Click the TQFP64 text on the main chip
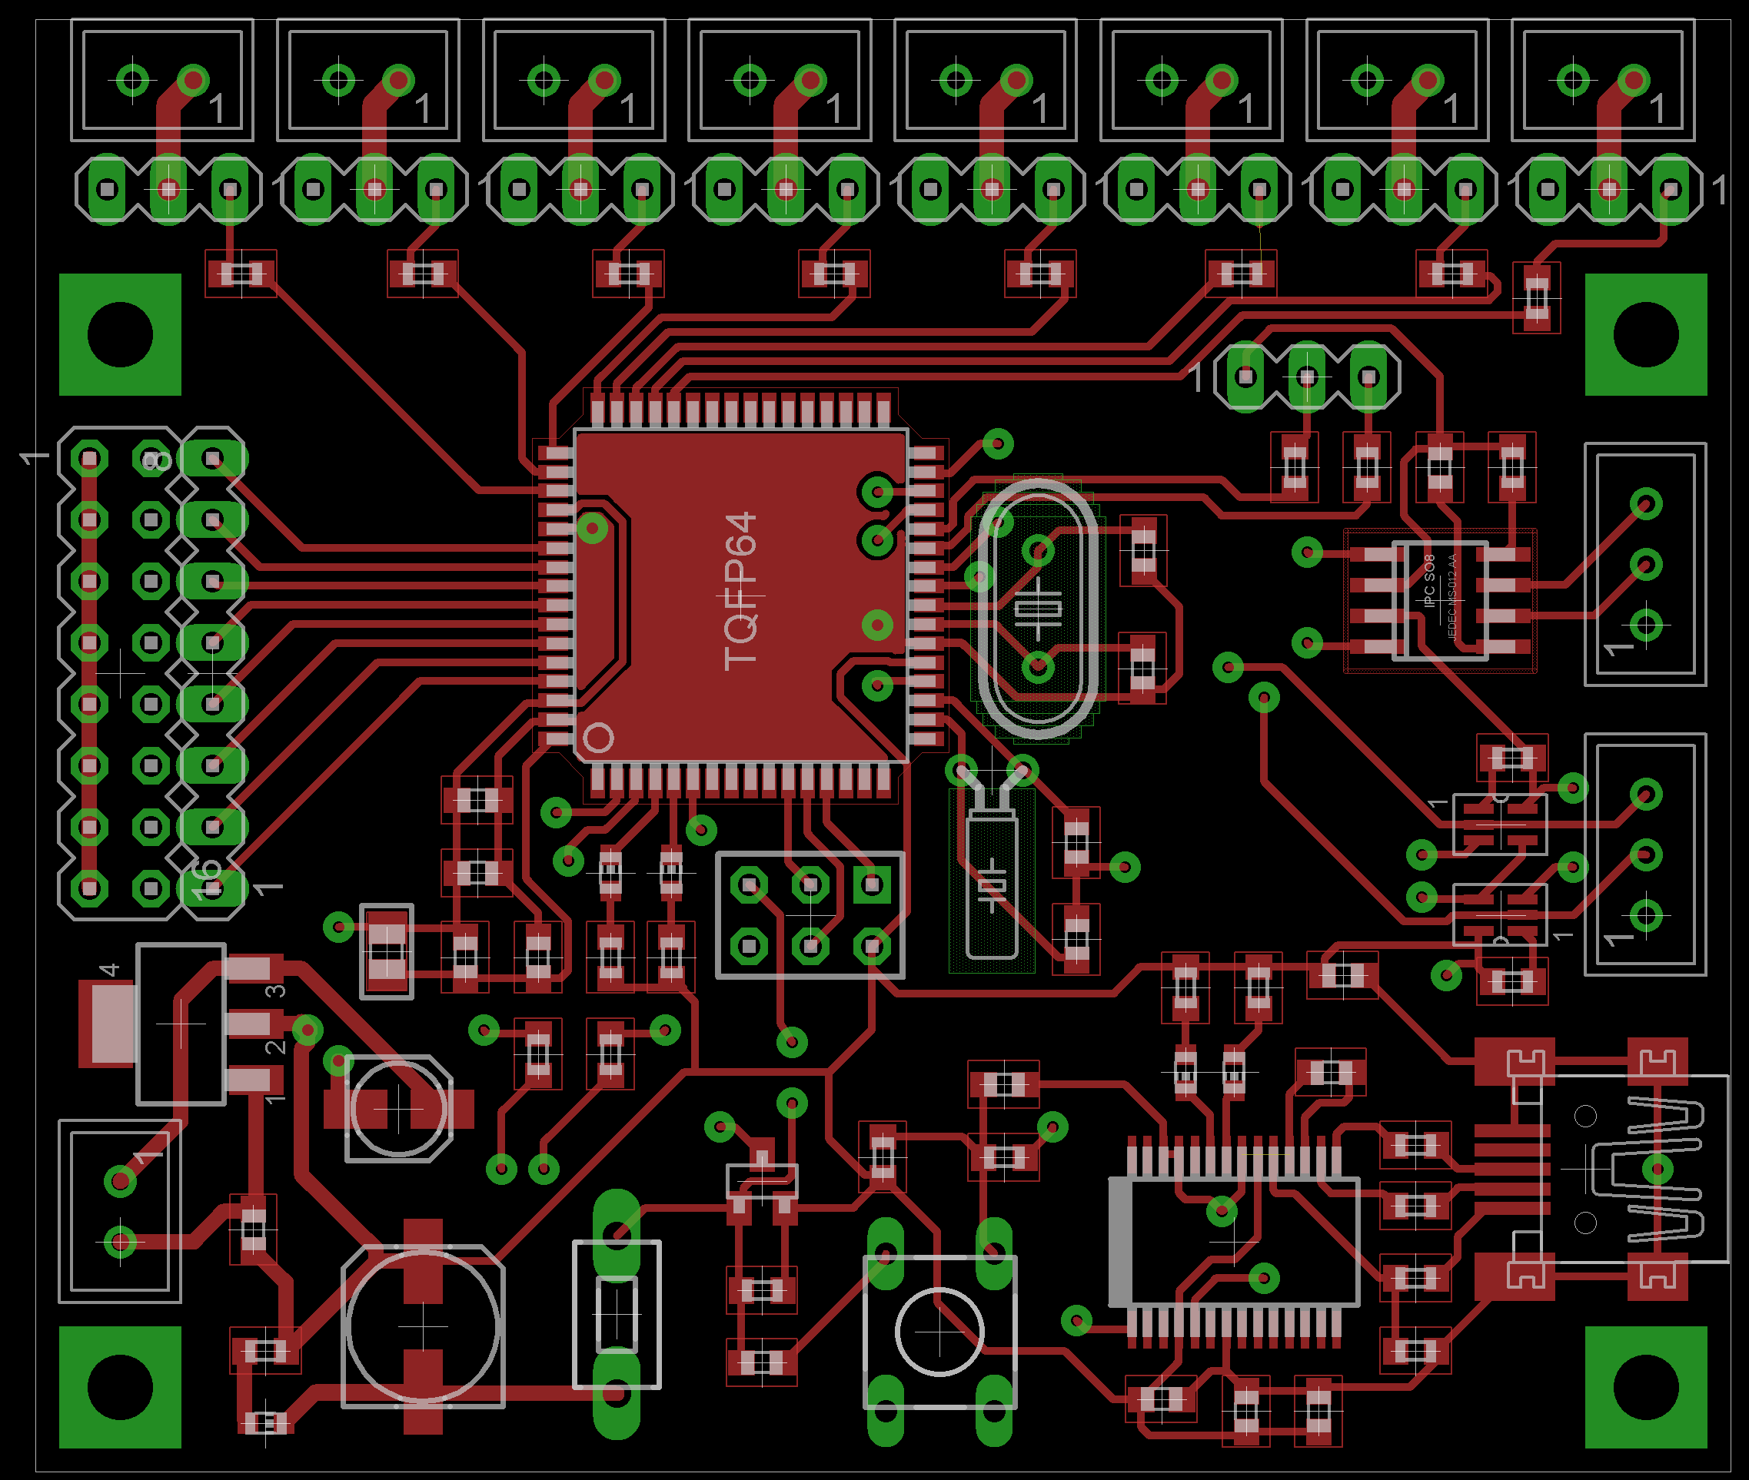(740, 592)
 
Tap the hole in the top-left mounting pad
(120, 334)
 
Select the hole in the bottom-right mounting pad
(1646, 1387)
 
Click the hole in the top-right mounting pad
(1646, 334)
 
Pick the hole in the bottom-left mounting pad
(120, 1387)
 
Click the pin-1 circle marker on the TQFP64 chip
(598, 738)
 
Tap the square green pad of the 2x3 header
(872, 884)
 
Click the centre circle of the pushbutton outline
(939, 1332)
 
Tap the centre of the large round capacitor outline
(423, 1326)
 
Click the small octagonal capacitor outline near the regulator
(399, 1108)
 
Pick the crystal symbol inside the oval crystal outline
(1038, 609)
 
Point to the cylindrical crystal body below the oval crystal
(992, 885)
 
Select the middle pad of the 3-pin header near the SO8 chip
(1307, 377)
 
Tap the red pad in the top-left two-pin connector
(193, 81)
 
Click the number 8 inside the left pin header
(156, 459)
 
